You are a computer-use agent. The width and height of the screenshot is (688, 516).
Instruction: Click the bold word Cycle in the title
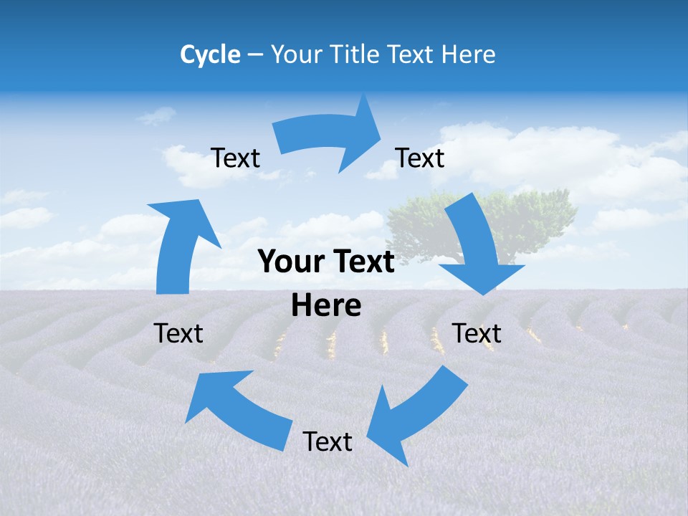210,54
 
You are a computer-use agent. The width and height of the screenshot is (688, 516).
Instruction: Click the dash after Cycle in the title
255,54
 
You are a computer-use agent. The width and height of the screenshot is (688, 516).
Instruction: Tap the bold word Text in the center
363,262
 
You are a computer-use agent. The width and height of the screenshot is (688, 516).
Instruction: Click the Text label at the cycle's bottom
328,441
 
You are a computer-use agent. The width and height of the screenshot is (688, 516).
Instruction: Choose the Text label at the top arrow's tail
235,158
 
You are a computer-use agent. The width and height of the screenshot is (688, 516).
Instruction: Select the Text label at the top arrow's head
420,158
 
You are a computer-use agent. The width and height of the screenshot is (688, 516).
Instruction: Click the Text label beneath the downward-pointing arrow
477,333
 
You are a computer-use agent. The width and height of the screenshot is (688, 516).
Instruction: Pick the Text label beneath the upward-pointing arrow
178,333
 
